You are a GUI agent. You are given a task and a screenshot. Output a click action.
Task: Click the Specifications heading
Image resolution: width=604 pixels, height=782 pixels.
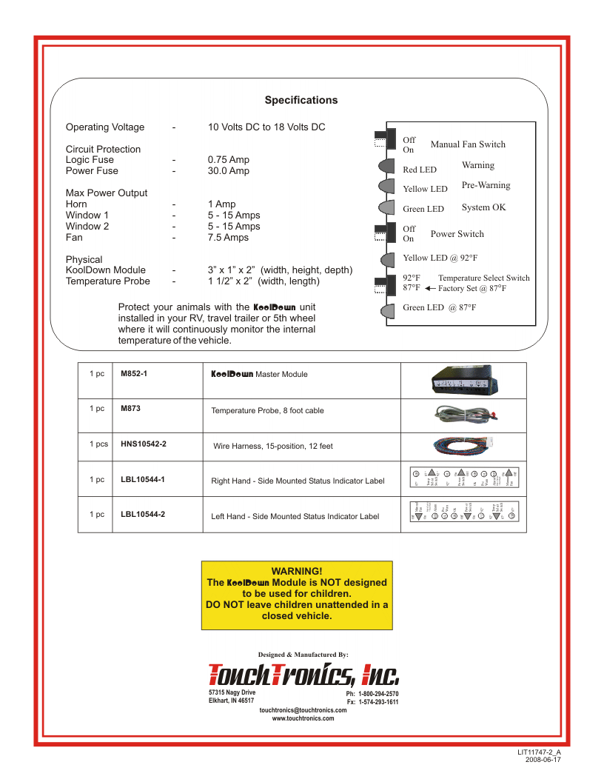tap(301, 101)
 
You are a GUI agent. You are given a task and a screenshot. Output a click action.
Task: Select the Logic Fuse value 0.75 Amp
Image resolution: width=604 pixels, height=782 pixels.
tap(229, 160)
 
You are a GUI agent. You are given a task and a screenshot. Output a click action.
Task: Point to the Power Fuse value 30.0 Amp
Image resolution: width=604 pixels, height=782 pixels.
tap(229, 171)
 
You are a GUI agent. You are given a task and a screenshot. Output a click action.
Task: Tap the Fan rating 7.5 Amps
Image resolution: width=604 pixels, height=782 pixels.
tap(228, 238)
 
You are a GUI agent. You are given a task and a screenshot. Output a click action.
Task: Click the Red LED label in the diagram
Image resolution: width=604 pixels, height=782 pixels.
tap(420, 170)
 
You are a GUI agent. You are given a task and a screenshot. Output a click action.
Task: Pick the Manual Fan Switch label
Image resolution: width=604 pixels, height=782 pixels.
tap(468, 144)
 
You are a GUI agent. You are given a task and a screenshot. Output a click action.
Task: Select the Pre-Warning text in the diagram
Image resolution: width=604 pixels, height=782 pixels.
tap(486, 185)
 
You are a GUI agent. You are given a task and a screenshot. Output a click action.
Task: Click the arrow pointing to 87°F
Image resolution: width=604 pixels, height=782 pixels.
tap(430, 289)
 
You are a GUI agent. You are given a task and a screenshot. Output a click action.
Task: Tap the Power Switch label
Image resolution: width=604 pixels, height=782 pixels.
tap(457, 234)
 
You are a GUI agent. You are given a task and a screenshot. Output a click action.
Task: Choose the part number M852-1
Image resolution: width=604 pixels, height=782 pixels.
tap(134, 373)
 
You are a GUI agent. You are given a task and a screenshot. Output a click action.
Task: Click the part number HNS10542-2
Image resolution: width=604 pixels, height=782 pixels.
tap(144, 444)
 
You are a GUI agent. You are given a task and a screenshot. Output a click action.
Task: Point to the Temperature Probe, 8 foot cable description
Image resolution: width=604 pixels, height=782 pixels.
tap(267, 410)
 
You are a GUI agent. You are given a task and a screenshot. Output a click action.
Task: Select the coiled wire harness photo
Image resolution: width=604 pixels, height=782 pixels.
tap(463, 445)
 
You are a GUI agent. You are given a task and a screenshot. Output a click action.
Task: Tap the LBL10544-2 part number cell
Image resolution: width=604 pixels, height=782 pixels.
tap(143, 514)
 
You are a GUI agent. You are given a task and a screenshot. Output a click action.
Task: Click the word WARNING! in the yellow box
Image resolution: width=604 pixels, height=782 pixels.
tap(297, 570)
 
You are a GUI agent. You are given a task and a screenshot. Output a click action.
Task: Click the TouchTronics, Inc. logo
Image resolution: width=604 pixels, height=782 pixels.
tap(303, 675)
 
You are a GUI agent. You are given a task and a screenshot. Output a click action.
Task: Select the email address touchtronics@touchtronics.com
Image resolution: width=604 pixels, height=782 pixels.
tap(303, 710)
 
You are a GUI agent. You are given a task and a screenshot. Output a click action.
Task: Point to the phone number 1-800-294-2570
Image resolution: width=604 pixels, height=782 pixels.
tap(378, 694)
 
